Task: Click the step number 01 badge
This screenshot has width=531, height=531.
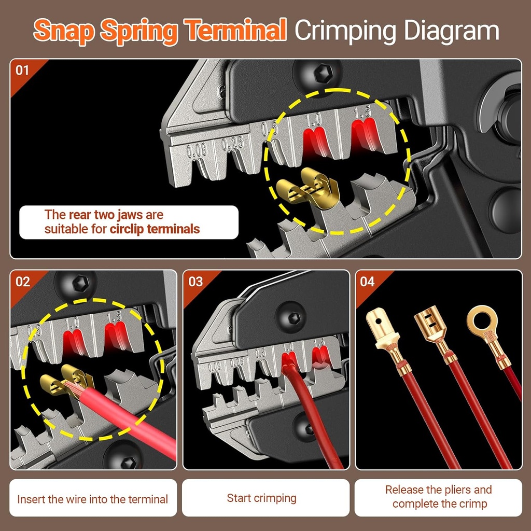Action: point(22,69)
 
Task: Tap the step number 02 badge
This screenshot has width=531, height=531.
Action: point(23,282)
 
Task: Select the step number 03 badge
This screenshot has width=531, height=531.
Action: point(195,282)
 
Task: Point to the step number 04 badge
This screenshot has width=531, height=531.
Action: point(367,282)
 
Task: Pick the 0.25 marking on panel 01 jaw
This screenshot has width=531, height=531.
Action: point(232,143)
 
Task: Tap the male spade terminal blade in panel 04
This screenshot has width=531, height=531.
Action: point(377,323)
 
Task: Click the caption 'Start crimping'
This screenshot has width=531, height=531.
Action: point(261,498)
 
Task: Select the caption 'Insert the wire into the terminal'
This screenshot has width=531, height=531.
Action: point(92,499)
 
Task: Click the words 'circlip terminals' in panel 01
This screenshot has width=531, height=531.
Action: point(155,229)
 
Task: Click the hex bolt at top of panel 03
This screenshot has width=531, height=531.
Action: point(287,313)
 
